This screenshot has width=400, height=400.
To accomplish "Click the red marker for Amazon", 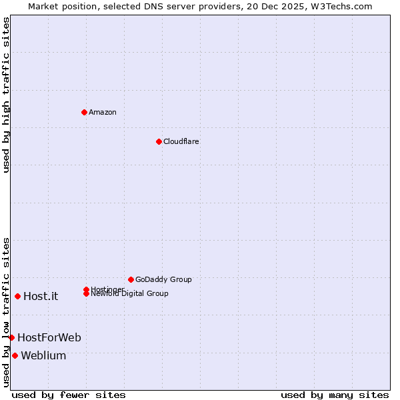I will pos(84,112).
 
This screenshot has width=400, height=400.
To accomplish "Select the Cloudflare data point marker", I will pos(159,141).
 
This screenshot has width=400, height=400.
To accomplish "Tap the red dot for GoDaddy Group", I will pos(131,279).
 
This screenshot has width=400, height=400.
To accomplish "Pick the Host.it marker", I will pos(17,296).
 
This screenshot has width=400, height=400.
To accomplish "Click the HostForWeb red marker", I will pos(11,337).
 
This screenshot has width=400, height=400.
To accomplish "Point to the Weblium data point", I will pos(15,355).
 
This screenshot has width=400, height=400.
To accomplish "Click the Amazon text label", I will pos(102,112).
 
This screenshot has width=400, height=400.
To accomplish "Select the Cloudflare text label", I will pos(181,141).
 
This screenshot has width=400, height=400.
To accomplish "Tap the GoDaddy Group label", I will pos(163,279).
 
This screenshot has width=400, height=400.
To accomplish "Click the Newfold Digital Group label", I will pos(129,294).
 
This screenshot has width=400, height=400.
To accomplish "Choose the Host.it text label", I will pos(41,297).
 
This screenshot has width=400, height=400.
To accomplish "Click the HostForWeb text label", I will pos(49,338).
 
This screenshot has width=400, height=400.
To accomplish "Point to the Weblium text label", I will pos(43,356).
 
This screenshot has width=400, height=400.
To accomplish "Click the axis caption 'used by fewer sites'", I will pos(69,395).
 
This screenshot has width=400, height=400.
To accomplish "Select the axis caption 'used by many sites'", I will pos(335,395).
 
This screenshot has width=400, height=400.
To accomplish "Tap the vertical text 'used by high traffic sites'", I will pos(6,95).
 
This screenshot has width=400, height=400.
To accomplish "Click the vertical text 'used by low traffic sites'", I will pos(6,312).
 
